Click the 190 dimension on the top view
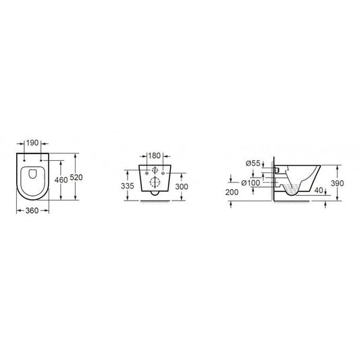point(32,144)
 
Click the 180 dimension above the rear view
point(155,156)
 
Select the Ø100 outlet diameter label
point(253,183)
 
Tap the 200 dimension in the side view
point(231,192)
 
